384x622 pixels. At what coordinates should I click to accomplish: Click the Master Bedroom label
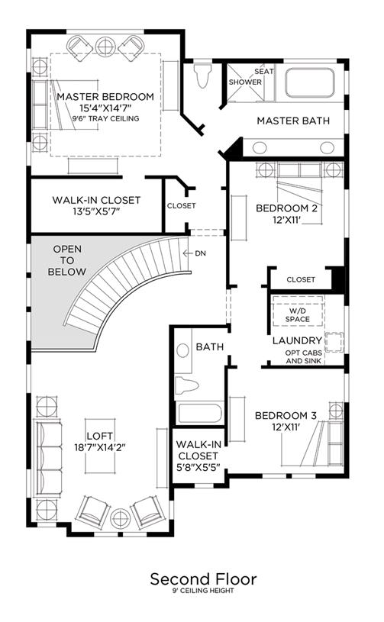(105, 97)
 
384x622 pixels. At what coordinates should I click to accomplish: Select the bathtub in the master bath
(309, 83)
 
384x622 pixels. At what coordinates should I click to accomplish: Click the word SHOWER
(245, 82)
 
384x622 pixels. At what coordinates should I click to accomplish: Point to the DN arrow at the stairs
(187, 253)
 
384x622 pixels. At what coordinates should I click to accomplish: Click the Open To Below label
(67, 260)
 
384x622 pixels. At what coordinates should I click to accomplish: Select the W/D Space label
(298, 314)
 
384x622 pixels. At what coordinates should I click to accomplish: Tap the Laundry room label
(297, 340)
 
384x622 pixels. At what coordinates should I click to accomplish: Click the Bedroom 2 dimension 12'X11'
(286, 219)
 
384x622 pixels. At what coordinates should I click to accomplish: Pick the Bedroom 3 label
(286, 416)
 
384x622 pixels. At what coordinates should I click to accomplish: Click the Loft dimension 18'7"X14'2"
(100, 447)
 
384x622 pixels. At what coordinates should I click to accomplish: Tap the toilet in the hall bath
(186, 385)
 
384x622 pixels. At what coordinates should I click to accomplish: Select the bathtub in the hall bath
(199, 413)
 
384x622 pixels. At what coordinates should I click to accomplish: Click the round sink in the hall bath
(183, 350)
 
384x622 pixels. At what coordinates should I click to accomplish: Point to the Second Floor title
(204, 579)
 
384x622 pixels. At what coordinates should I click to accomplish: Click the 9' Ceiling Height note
(203, 591)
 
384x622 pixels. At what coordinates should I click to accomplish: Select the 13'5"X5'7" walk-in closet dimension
(96, 211)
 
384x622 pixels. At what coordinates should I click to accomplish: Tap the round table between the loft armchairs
(120, 518)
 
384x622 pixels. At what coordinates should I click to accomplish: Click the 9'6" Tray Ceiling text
(105, 118)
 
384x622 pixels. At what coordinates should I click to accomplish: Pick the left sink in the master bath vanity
(260, 147)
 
